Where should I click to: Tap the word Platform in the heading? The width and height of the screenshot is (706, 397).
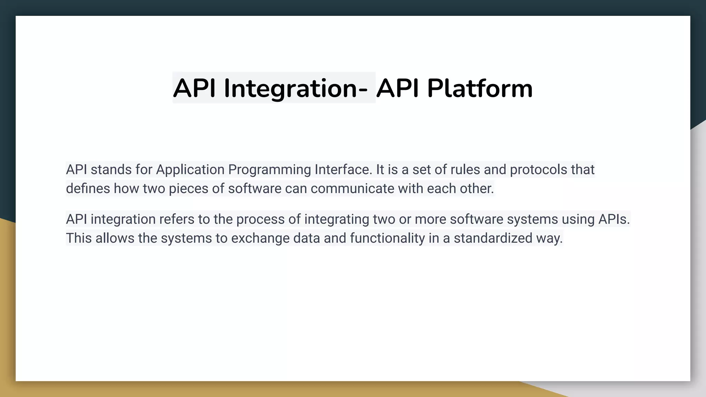click(480, 89)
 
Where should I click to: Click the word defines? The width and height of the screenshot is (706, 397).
click(88, 189)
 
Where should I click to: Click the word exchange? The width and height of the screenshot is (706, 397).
click(260, 238)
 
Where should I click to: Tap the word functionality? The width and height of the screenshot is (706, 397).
click(387, 238)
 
